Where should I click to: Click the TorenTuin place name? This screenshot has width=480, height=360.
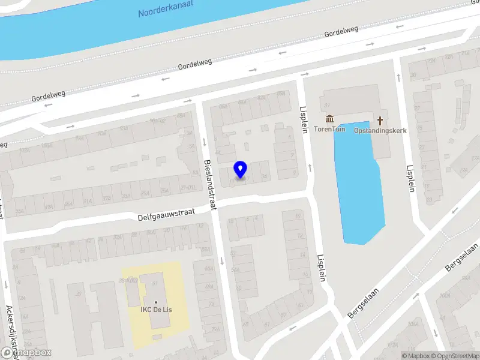(329, 129)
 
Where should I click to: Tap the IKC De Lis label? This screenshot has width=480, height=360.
(156, 310)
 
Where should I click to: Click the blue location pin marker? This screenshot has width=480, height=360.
(241, 169)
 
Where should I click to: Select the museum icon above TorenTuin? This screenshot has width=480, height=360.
(329, 119)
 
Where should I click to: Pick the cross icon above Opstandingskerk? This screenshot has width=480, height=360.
(380, 119)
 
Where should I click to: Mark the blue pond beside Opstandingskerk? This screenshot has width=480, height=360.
(358, 186)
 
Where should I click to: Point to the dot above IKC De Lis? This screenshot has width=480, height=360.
(156, 302)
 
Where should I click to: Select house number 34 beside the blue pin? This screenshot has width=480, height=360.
(264, 176)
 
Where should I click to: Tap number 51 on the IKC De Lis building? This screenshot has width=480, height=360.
(155, 283)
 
